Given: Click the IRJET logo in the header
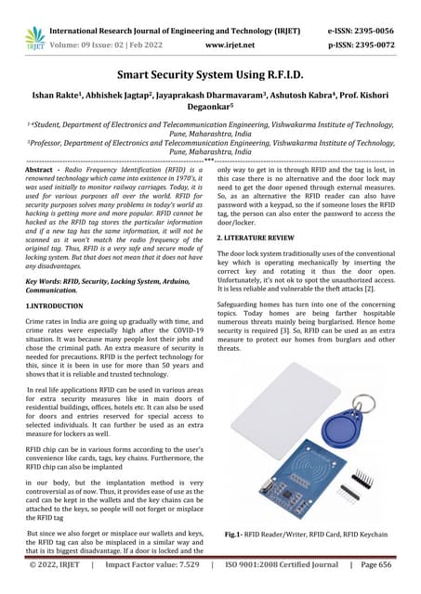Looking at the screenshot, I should click(x=34, y=35).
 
